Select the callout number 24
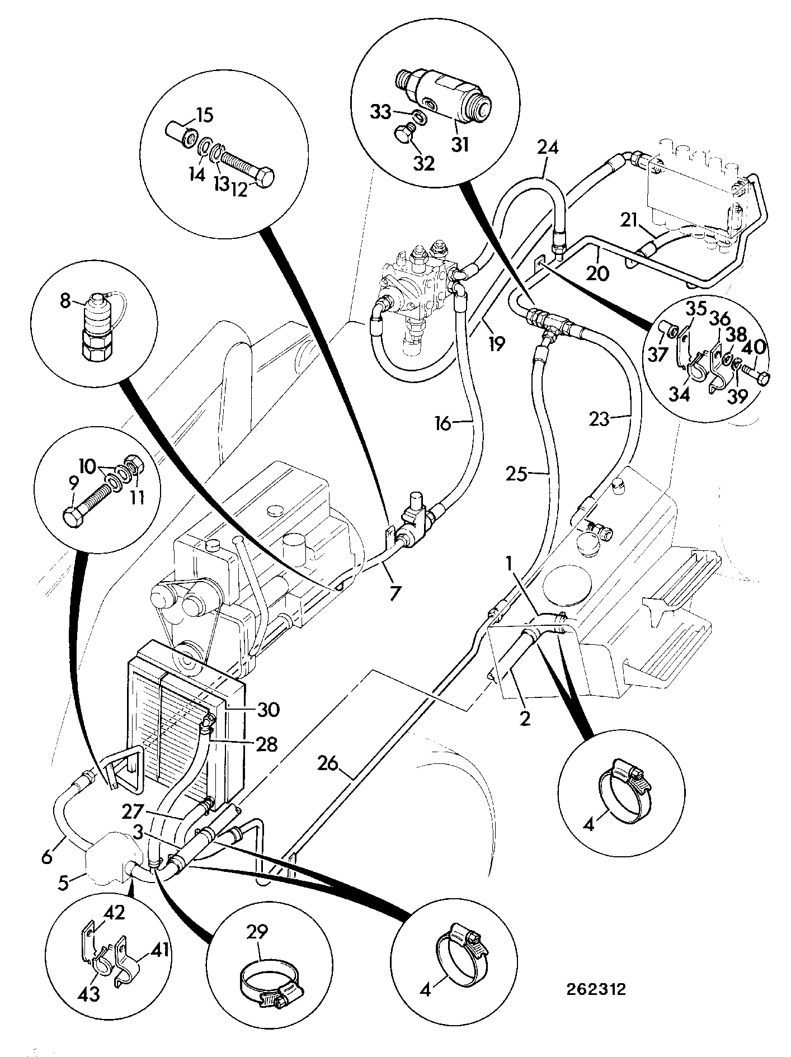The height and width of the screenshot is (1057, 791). click(x=548, y=147)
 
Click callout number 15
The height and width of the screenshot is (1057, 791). click(x=204, y=116)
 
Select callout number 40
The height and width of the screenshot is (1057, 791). click(x=758, y=347)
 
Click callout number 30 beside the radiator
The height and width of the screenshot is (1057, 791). click(x=269, y=710)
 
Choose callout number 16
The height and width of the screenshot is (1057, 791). click(x=442, y=424)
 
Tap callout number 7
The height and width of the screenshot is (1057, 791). click(x=396, y=592)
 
